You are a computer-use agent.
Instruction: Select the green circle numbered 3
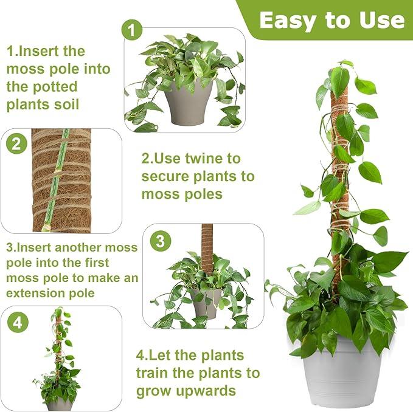pyautogui.click(x=159, y=241)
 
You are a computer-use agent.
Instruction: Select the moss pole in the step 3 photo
pyautogui.click(x=207, y=249)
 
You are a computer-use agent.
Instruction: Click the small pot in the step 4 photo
pyautogui.click(x=60, y=403)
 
